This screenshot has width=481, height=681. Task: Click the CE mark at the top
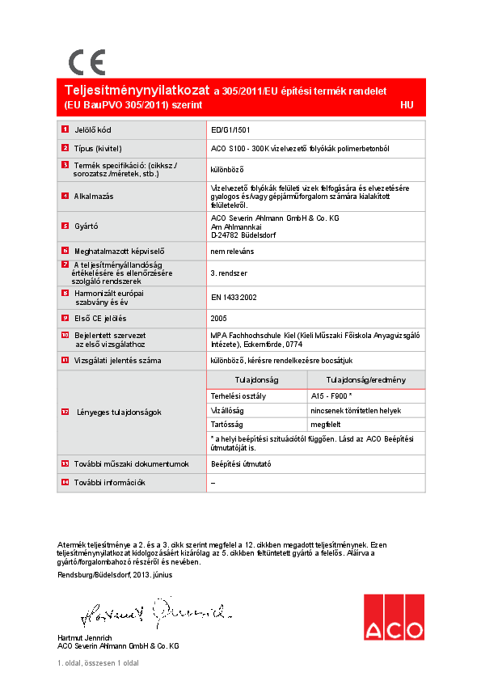pyautogui.click(x=86, y=62)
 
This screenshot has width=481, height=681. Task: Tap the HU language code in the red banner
pyautogui.click(x=407, y=105)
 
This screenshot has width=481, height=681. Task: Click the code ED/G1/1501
pyautogui.click(x=230, y=129)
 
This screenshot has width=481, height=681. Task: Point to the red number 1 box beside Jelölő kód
pyautogui.click(x=65, y=129)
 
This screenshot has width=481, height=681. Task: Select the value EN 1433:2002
pyautogui.click(x=234, y=298)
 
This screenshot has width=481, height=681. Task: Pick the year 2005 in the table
pyautogui.click(x=218, y=317)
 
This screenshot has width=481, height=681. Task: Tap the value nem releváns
pyautogui.click(x=233, y=252)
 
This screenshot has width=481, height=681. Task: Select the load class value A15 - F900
pyautogui.click(x=331, y=396)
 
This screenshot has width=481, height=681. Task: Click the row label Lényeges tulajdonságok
pyautogui.click(x=119, y=412)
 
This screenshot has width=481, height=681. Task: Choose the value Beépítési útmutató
pyautogui.click(x=241, y=463)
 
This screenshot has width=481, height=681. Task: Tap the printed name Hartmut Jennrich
pyautogui.click(x=86, y=638)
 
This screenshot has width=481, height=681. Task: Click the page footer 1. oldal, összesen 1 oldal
pyautogui.click(x=98, y=663)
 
